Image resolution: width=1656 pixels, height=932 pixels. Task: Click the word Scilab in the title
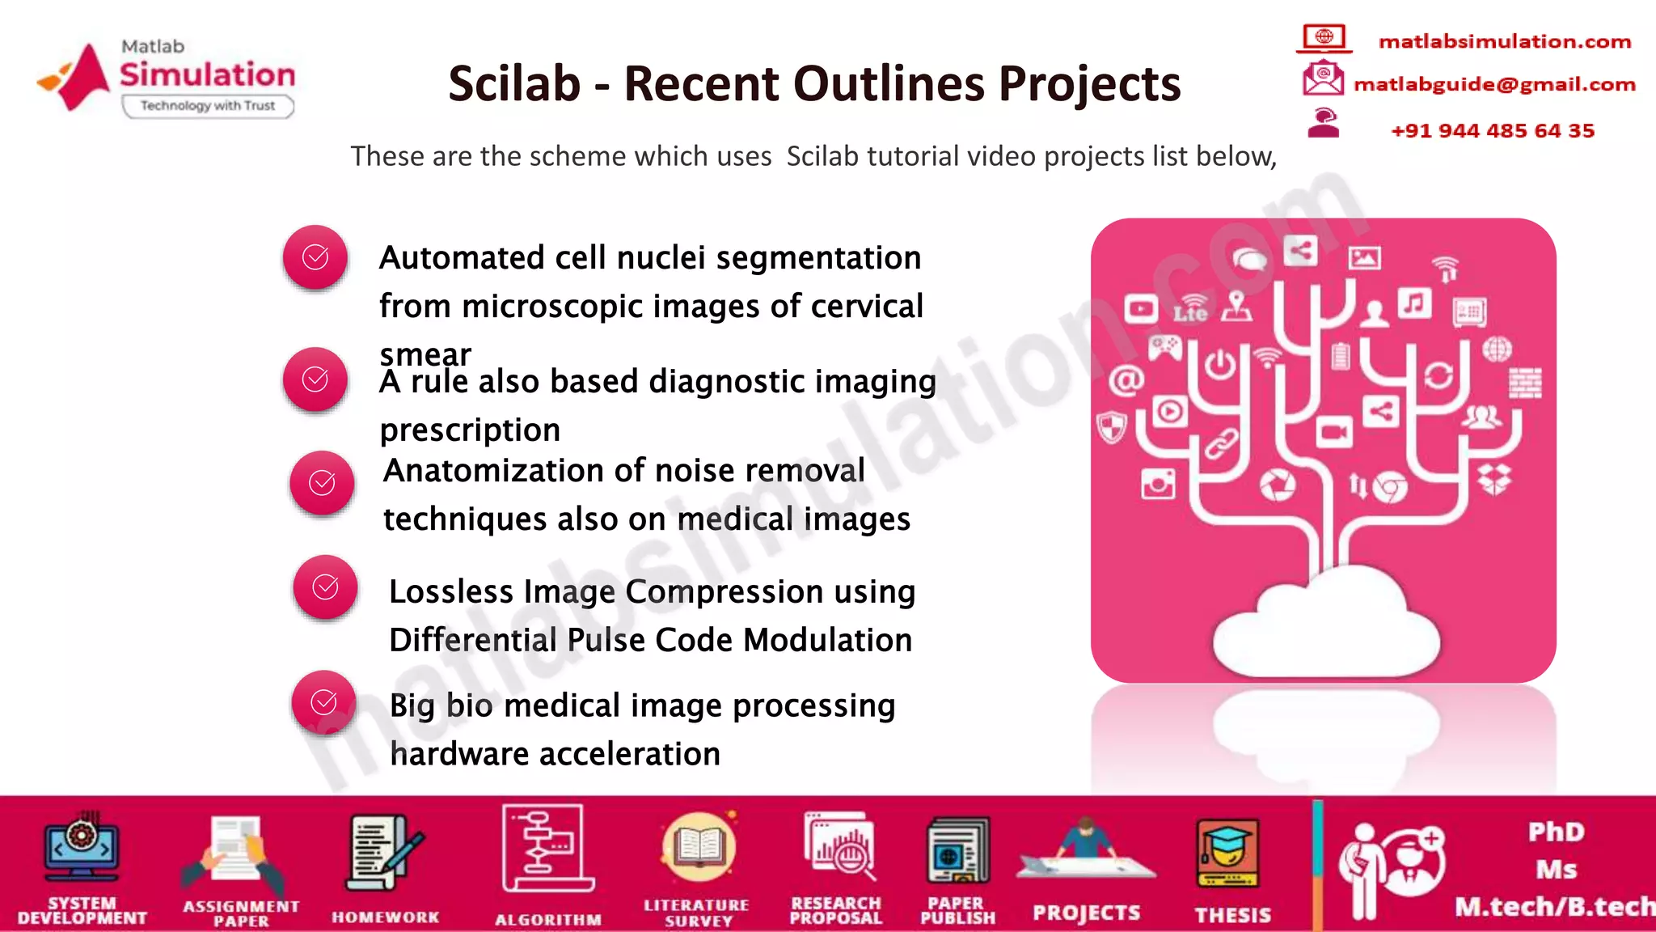tap(514, 83)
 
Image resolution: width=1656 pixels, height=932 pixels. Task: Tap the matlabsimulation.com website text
tap(1504, 41)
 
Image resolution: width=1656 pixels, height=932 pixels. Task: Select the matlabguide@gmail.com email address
tap(1494, 84)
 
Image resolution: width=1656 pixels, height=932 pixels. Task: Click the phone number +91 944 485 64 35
tap(1493, 130)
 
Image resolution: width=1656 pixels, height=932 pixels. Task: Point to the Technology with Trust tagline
tap(208, 106)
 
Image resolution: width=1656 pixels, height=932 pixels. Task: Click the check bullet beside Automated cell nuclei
tap(315, 257)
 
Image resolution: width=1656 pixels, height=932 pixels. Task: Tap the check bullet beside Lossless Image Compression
tap(325, 587)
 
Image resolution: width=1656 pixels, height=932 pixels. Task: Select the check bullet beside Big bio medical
tap(323, 701)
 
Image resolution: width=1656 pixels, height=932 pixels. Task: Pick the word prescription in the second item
tap(470, 430)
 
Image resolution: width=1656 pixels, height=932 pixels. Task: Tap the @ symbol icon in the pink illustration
tap(1126, 379)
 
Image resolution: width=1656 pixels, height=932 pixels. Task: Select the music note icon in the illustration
tap(1414, 304)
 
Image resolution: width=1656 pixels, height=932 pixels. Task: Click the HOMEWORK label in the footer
tap(385, 917)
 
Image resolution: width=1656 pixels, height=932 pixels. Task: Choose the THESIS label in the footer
tap(1232, 914)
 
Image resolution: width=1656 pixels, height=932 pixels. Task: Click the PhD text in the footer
tap(1556, 832)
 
